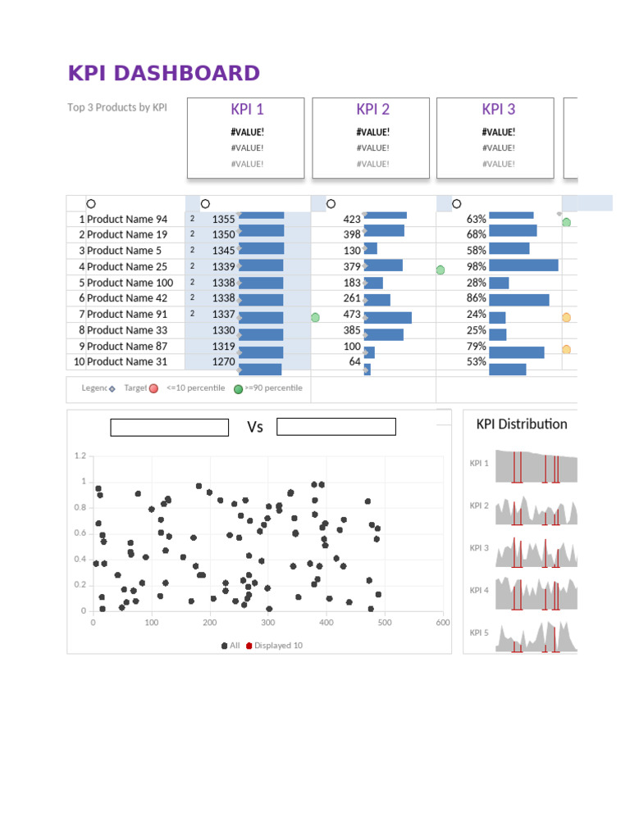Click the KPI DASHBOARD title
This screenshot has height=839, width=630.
click(164, 74)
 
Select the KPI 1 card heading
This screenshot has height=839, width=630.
click(247, 110)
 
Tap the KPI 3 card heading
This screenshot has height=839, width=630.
click(498, 110)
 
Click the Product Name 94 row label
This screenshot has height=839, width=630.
click(127, 220)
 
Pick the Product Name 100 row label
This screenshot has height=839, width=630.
click(130, 283)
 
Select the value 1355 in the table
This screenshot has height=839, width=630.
click(223, 220)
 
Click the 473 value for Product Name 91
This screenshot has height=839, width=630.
click(352, 314)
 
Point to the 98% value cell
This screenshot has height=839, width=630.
click(477, 266)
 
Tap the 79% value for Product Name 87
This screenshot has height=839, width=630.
click(477, 346)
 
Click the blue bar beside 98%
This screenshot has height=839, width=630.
click(523, 266)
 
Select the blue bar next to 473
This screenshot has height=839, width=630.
click(389, 318)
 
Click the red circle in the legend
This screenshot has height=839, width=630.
click(153, 388)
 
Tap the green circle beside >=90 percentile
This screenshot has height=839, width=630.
click(238, 388)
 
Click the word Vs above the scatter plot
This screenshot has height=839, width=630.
click(255, 427)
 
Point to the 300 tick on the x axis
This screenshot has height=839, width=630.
click(268, 623)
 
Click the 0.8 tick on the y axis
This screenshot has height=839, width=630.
click(80, 508)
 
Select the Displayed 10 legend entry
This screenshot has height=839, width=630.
click(274, 646)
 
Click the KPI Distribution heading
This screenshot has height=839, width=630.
click(522, 424)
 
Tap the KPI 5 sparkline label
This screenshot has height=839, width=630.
click(479, 633)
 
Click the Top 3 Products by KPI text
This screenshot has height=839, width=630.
click(117, 107)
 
